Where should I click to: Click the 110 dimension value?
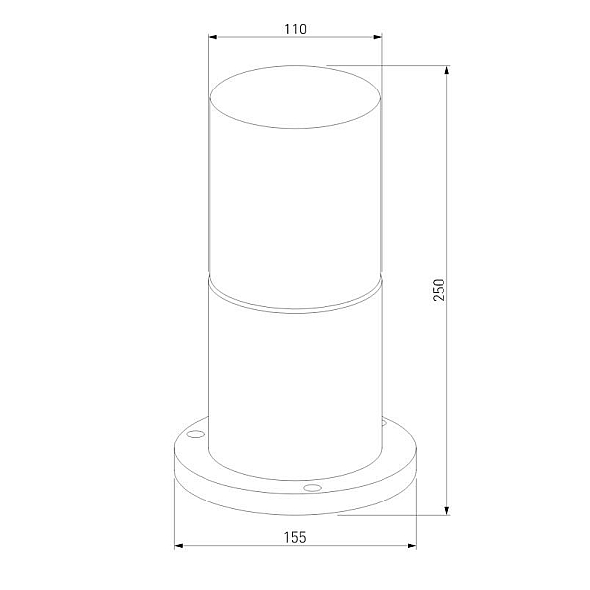pos(295,29)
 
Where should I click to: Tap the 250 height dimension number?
pos(439,290)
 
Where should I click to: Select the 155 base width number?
pos(295,537)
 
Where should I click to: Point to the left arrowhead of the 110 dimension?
pos(213,37)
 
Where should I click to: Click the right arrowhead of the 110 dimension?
pos(377,37)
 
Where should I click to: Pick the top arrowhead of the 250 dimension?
pos(447,70)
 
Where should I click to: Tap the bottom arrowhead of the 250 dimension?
pos(447,510)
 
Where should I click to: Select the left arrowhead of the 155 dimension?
pos(179,545)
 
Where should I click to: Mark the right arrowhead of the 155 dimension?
pos(412,545)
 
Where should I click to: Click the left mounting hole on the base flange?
pos(196,434)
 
